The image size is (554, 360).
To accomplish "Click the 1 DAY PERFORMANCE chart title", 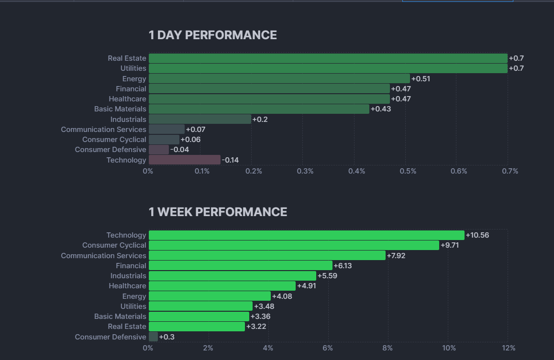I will click(212, 35).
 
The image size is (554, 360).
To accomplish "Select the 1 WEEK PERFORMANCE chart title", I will click(218, 212).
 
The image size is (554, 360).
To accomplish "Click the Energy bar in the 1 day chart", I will click(279, 78).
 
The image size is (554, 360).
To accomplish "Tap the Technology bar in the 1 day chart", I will click(185, 160).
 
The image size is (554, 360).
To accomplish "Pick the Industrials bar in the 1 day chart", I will click(200, 119).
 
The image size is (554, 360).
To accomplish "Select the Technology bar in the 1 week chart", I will click(306, 235).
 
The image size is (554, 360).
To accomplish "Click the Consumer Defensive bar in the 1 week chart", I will click(153, 337).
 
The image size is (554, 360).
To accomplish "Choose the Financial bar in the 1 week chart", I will click(240, 265).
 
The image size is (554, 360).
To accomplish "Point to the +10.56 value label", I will click(477, 235).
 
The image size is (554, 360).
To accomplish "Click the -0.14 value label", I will click(230, 160).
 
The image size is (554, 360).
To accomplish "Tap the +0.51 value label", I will click(421, 78).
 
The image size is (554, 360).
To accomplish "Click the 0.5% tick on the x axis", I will click(407, 171).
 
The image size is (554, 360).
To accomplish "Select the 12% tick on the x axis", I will click(508, 348).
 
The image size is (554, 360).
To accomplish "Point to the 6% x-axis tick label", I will click(328, 348).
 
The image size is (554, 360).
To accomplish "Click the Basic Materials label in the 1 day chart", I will click(120, 109).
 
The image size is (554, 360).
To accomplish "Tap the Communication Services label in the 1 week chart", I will click(103, 255).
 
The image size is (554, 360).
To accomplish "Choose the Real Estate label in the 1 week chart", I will click(127, 327).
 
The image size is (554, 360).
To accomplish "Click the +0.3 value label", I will click(166, 337).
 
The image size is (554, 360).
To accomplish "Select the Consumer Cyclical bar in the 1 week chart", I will click(294, 245).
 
